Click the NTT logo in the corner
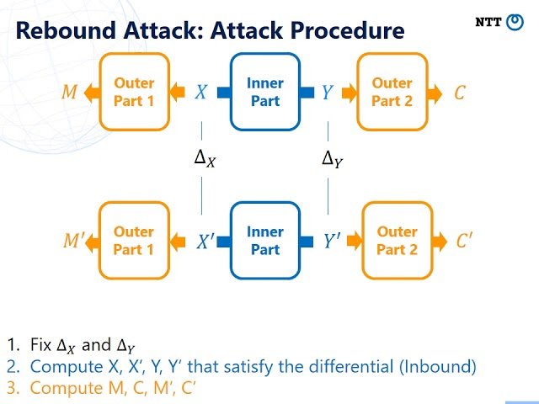499,23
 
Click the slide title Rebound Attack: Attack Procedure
211,31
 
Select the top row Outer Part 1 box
134,92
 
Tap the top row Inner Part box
265,92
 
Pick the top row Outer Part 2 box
392,92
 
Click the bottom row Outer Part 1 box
134,241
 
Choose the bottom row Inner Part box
265,241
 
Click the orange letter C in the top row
459,93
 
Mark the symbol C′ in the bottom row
464,242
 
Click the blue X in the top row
200,93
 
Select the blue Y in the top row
327,93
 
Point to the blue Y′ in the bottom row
331,242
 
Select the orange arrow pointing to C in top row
433,93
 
